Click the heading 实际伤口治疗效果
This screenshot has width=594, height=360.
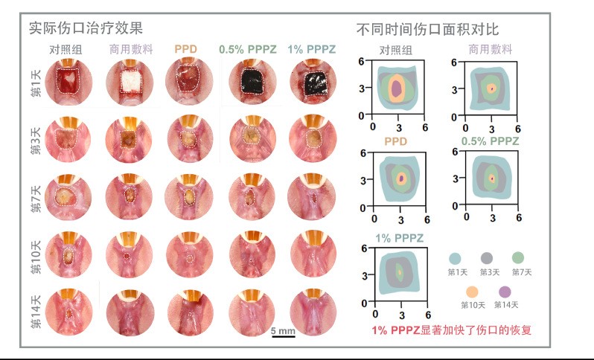coord(86,28)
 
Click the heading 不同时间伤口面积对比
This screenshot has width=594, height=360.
coord(428,30)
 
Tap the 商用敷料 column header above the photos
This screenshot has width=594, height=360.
coord(131,49)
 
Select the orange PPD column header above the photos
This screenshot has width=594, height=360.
coord(185,49)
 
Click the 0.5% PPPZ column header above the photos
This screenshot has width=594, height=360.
coord(248,49)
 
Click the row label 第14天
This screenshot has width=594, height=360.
coord(36,311)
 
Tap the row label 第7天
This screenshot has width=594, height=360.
coord(36,199)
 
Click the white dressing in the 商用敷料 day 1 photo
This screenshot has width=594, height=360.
coord(131,81)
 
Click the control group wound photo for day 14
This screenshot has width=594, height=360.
coord(69,312)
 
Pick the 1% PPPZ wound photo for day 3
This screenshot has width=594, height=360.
coord(313,138)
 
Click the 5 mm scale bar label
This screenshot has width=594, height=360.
coord(283,331)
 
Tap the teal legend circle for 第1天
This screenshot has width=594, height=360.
coord(455,259)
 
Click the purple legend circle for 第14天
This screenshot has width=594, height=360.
coord(505,292)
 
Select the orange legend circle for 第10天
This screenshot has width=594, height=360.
coord(472,292)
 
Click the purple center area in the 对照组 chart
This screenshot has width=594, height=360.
coord(397,89)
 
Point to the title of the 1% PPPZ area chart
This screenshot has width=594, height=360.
coord(399,238)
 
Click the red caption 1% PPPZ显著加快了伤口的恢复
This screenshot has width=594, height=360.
coord(452,330)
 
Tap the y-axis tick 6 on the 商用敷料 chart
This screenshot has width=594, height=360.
coord(454,62)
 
